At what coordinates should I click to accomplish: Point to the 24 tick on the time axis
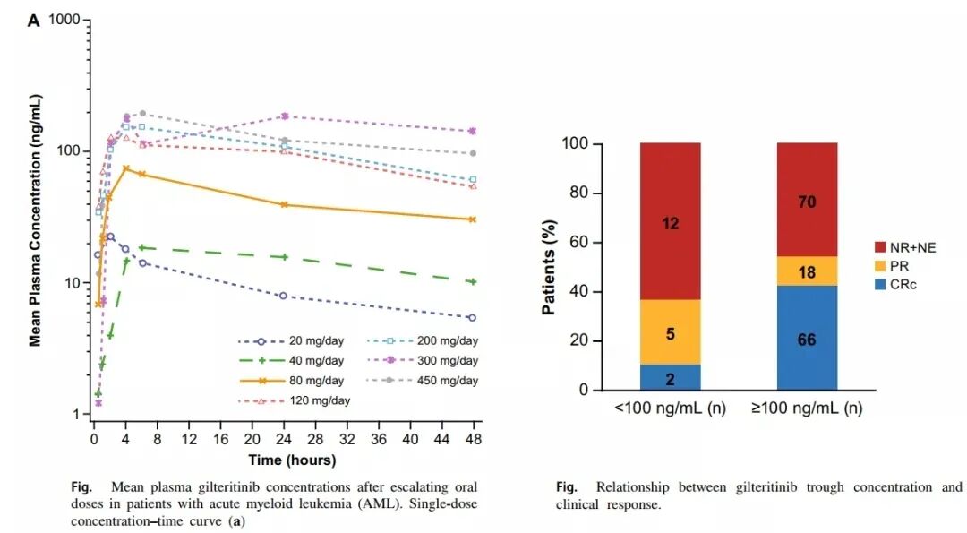pyautogui.click(x=284, y=441)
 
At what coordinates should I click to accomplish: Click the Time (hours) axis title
pyautogui.click(x=293, y=460)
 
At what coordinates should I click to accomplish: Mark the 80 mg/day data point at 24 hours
pyautogui.click(x=284, y=204)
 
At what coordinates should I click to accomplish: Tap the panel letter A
pyautogui.click(x=34, y=20)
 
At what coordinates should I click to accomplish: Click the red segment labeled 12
pyautogui.click(x=671, y=222)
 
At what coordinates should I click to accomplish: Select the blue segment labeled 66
pyautogui.click(x=807, y=339)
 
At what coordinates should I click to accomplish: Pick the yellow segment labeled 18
pyautogui.click(x=807, y=271)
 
